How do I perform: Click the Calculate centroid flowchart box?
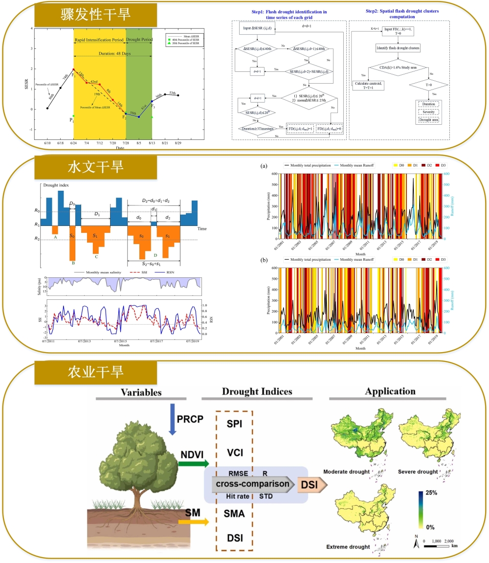(373, 84)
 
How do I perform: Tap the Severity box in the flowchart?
(428, 112)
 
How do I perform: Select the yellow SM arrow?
(193, 522)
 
